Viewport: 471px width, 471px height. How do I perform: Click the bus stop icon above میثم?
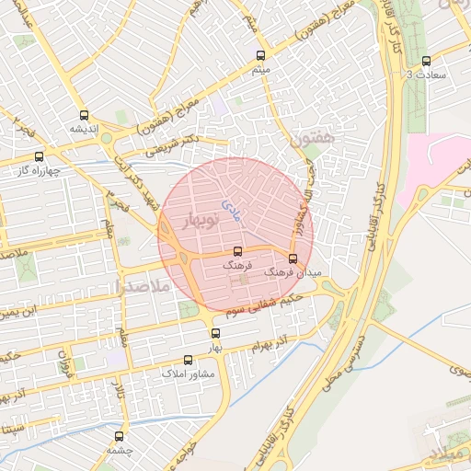point(261,55)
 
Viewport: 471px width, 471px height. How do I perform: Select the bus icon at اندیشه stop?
point(85,116)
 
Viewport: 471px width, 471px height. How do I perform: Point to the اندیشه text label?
point(85,129)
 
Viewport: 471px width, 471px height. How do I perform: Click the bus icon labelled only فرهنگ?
point(237,251)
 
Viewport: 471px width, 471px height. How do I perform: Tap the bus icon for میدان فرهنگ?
point(293,258)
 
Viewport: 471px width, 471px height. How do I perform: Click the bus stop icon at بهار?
point(215,334)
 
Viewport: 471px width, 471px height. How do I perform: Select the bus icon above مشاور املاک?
point(189,361)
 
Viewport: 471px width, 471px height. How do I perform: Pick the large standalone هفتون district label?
point(309,140)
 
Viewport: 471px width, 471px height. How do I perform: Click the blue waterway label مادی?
point(232,211)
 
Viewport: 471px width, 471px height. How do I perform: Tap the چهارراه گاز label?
point(38,170)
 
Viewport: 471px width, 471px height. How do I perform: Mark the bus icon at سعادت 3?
point(425,62)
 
